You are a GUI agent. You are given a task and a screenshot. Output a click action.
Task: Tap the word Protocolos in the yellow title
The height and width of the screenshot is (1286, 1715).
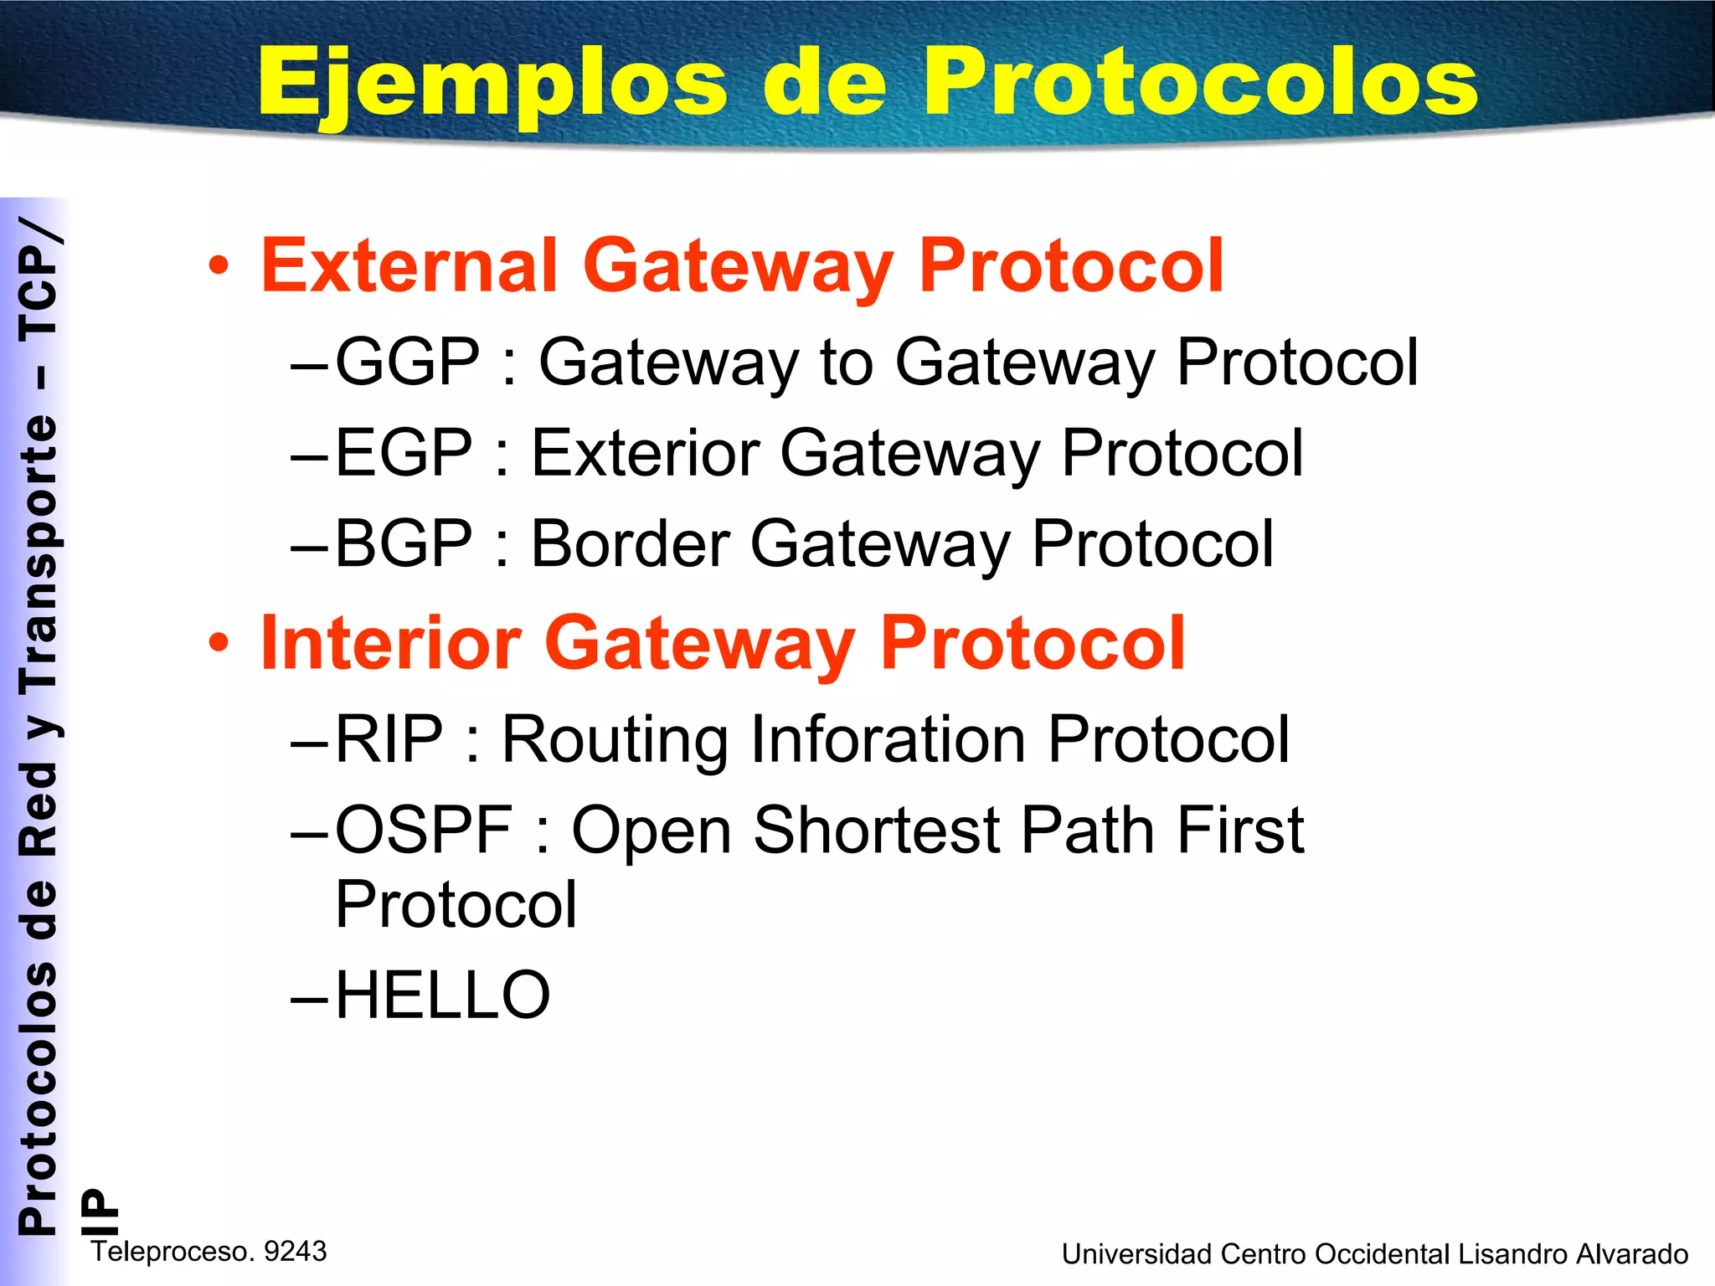1201,82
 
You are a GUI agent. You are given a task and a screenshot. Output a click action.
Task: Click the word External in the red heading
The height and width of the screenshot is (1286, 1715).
409,265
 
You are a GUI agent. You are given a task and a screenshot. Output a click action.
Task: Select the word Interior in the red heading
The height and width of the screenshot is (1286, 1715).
391,643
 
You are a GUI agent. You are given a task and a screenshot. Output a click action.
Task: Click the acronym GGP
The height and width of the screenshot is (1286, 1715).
408,362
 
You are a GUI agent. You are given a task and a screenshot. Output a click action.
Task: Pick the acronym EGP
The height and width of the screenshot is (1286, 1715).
404,453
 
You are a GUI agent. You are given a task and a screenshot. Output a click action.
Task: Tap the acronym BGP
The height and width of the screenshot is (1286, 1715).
404,543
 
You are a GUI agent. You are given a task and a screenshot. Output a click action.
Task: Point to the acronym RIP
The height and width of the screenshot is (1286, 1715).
389,739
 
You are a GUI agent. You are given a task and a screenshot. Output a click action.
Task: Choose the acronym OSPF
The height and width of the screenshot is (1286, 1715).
424,830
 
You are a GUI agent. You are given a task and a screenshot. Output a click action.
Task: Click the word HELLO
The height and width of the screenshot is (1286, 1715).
442,995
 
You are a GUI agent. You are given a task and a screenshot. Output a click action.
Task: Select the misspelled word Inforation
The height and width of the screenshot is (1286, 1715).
888,739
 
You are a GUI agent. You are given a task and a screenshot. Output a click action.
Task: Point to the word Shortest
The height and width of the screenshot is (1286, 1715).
877,830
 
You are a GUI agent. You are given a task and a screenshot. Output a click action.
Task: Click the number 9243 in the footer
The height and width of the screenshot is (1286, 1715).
296,1251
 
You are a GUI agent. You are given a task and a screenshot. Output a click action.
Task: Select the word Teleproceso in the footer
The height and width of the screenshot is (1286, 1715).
173,1251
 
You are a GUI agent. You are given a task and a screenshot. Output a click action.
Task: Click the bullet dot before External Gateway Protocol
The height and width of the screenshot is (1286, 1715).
219,266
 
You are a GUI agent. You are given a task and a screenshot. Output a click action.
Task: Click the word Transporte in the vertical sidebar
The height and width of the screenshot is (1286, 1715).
39,553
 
